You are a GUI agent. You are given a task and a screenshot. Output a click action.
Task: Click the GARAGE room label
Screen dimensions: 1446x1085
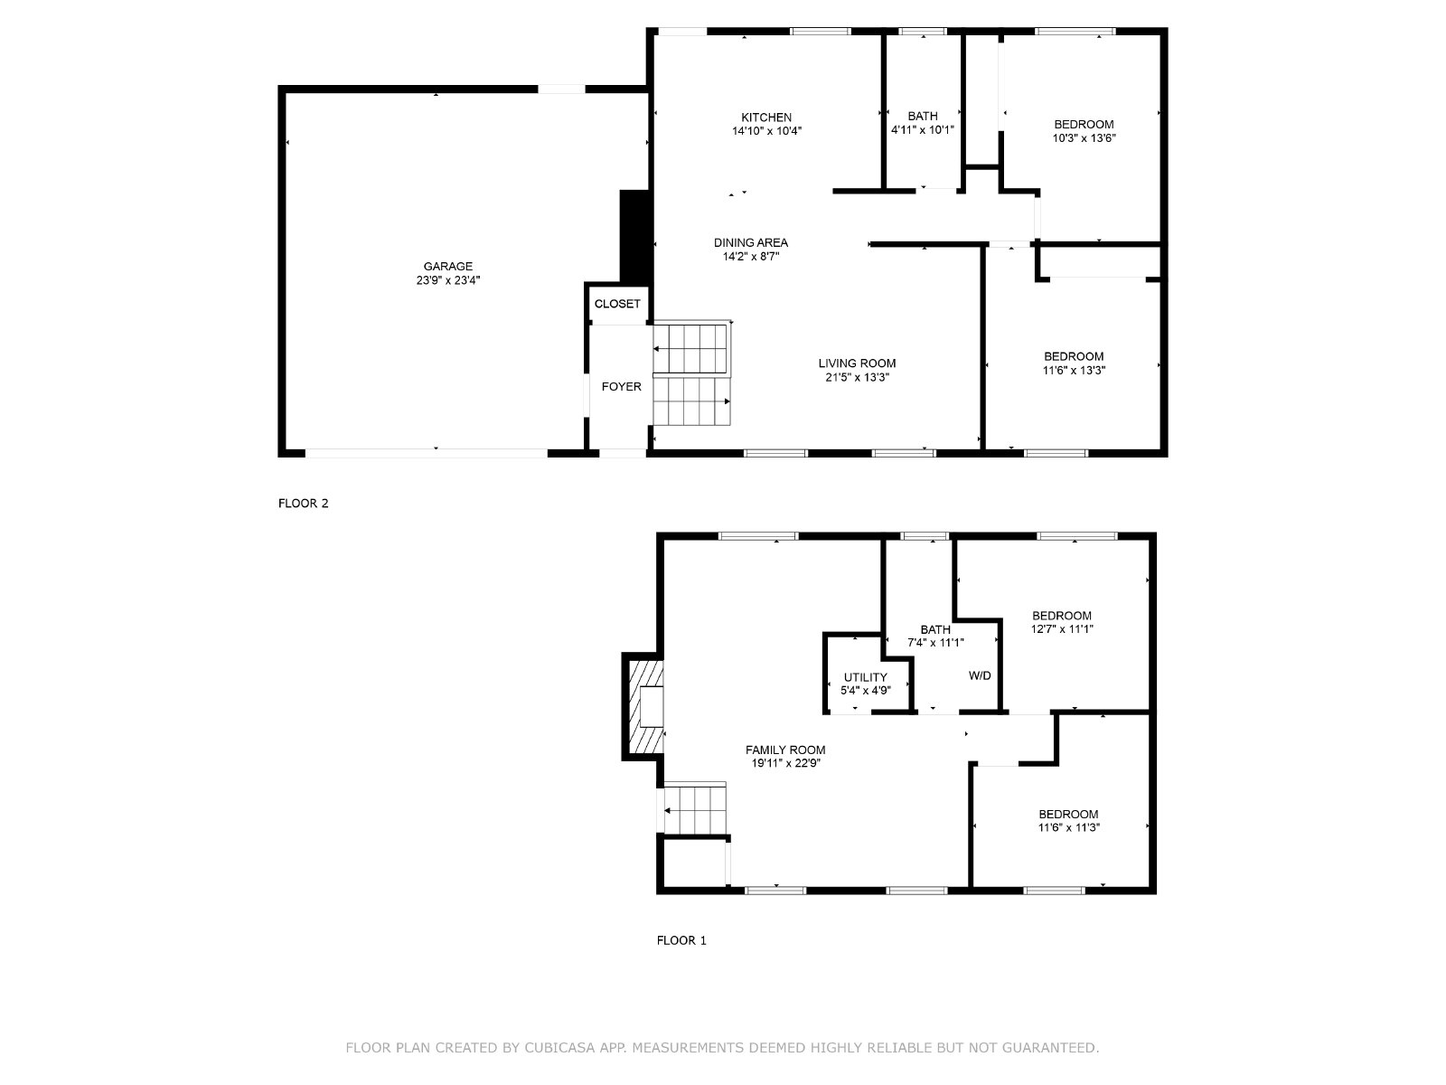(x=448, y=266)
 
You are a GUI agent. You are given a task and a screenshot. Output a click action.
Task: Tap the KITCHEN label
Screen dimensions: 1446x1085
(x=766, y=118)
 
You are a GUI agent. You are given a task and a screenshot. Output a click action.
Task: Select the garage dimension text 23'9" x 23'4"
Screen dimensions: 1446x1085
(x=448, y=280)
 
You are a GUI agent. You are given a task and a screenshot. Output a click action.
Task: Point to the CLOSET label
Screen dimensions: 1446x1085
(x=617, y=304)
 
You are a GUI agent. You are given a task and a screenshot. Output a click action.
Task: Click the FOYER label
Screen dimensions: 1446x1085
(x=621, y=387)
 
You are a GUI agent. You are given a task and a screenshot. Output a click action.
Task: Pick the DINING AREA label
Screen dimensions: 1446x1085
(x=751, y=242)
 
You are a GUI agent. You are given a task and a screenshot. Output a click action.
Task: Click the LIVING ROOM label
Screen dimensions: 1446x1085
(x=857, y=363)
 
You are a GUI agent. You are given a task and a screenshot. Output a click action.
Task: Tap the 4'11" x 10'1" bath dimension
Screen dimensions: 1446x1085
(x=923, y=130)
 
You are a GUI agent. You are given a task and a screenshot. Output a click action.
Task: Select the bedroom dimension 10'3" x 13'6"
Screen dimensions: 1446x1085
(x=1084, y=138)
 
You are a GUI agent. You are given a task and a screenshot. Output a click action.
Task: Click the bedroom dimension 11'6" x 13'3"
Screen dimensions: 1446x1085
(x=1074, y=370)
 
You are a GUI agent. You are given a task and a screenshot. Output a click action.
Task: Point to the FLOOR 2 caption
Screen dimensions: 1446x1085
(x=303, y=504)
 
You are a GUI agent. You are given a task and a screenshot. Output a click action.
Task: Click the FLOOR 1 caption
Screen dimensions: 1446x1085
(x=681, y=940)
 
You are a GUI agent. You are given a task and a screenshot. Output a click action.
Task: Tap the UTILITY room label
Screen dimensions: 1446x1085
(x=866, y=677)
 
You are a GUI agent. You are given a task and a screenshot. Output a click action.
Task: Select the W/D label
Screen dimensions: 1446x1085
(x=980, y=675)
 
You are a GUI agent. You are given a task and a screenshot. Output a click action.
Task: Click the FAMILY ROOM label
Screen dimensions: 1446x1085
(x=785, y=750)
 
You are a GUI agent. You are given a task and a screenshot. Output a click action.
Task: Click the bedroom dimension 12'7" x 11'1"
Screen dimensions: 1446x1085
(x=1062, y=629)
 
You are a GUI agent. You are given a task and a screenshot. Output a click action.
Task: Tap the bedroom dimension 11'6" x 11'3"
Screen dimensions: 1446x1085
(x=1068, y=827)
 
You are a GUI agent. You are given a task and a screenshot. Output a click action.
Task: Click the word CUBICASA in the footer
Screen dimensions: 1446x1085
(x=559, y=1047)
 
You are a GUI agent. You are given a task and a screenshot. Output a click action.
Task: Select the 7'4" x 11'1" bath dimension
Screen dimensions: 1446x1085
(x=935, y=642)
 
